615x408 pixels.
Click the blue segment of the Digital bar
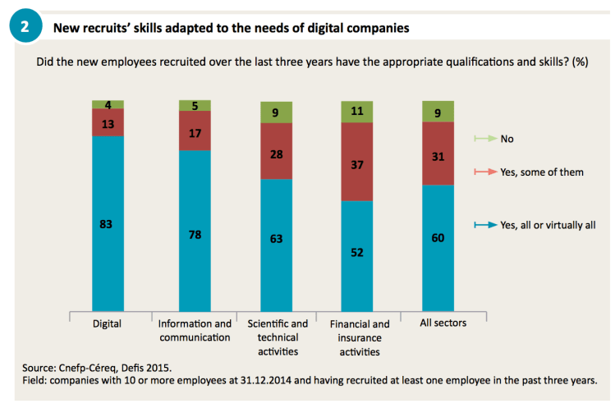coord(107,222)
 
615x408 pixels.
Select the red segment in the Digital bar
coord(107,122)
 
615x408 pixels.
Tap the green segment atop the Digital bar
coord(107,104)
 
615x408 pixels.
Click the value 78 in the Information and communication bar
coord(195,235)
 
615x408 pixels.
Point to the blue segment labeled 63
coord(276,240)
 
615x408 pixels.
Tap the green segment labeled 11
coord(357,111)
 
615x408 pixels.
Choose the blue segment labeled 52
coord(357,253)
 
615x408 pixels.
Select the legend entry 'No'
coord(507,140)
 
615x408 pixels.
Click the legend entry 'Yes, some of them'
coord(543,173)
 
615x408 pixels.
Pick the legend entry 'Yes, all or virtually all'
coord(548,225)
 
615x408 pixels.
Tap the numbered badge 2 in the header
coord(25,27)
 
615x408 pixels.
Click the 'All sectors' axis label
coord(443,323)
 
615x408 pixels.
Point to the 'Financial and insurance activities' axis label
coord(360,338)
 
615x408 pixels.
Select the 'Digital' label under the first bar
coord(107,323)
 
